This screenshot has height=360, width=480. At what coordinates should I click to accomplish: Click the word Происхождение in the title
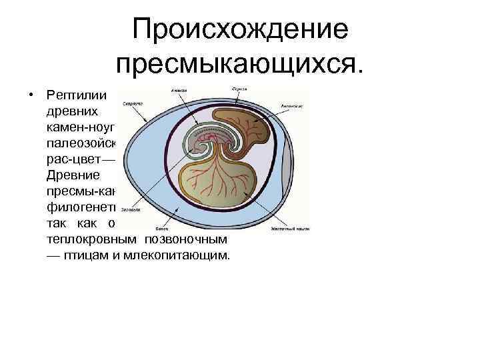tap(240, 30)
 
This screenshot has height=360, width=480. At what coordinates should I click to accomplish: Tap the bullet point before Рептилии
tap(31, 94)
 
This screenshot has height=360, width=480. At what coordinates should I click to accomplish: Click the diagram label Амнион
tap(178, 91)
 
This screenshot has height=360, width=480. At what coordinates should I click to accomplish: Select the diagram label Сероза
tap(239, 89)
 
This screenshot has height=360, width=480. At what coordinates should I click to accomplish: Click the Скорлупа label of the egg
tap(131, 104)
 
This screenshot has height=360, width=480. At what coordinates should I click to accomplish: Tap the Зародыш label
tap(131, 209)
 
